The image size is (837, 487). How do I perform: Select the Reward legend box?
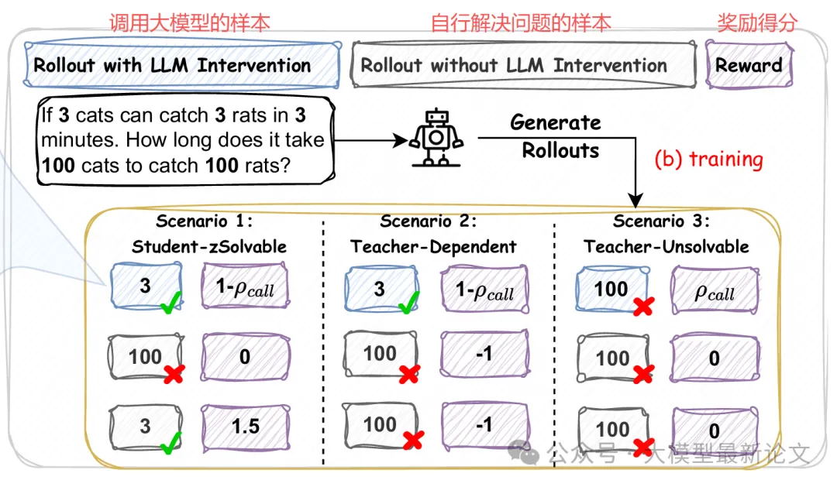coord(749,65)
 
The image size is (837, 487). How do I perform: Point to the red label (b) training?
coord(708,159)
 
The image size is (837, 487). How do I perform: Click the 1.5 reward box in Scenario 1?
coord(246,425)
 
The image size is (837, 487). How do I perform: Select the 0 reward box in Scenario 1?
coord(246,357)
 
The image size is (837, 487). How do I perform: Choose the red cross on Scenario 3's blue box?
coord(642,307)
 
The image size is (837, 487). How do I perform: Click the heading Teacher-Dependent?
coord(433,247)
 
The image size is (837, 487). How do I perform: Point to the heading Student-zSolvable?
coord(209,247)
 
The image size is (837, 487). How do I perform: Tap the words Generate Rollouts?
coord(557,136)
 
